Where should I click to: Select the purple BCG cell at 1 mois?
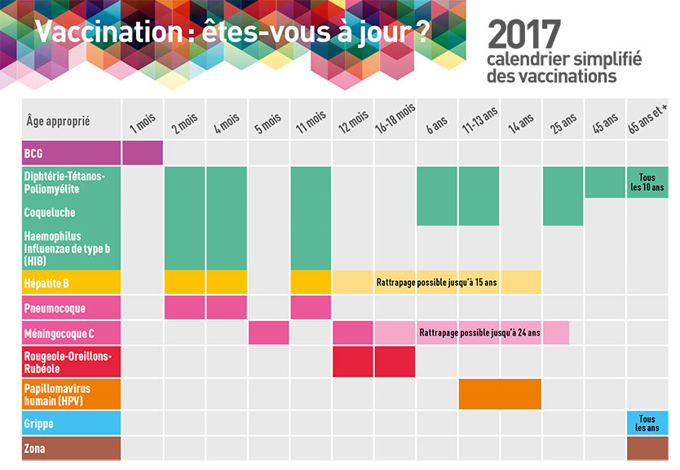point(143,153)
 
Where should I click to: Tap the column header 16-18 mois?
point(395,120)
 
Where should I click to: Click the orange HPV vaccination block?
point(500,394)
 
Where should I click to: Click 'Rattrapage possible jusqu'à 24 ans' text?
point(479,333)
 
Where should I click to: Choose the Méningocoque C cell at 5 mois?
point(269,333)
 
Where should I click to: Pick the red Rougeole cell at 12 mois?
point(353,362)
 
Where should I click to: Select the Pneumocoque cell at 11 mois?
point(311,308)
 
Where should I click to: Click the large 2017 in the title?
point(523,34)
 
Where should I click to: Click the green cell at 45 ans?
point(605,182)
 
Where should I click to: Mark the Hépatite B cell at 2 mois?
point(185,283)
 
